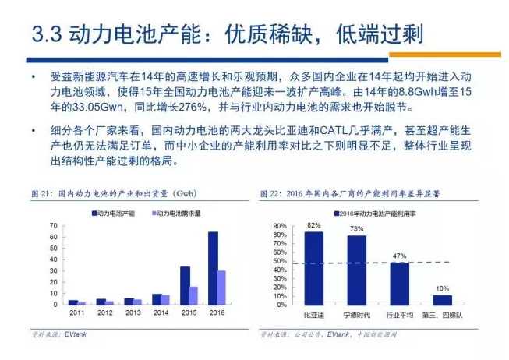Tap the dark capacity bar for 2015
click(x=185, y=285)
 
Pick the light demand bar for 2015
click(x=194, y=295)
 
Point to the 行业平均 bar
click(x=399, y=284)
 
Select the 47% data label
click(x=399, y=256)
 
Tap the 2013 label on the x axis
click(x=133, y=312)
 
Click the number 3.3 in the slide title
click(x=46, y=32)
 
